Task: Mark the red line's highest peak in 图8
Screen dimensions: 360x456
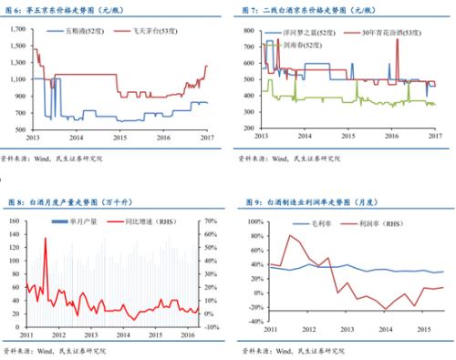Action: [46, 239]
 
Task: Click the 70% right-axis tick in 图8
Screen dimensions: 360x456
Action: [210, 220]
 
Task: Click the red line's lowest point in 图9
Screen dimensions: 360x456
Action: [386, 311]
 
